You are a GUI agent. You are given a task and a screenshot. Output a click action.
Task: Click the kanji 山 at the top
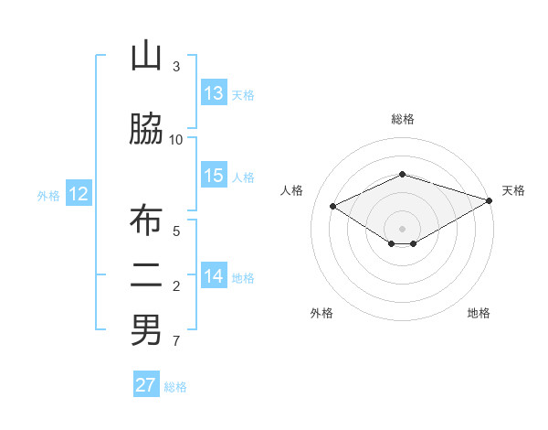pos(145,56)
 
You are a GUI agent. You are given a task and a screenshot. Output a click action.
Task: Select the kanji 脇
pos(145,129)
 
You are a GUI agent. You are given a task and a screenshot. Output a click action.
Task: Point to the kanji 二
pos(145,276)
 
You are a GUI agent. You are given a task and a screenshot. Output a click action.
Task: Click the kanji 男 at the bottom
pos(145,330)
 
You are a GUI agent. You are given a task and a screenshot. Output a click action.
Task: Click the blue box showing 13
pos(214,93)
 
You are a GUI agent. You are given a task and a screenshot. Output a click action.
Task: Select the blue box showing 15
pos(214,177)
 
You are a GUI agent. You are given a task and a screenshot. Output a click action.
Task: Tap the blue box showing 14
pos(214,276)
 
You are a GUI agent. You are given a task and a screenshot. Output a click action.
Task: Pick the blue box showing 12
pos(79,194)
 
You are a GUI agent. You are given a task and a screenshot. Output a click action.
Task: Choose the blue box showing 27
pos(146,385)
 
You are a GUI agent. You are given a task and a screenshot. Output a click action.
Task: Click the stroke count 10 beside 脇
pos(176,140)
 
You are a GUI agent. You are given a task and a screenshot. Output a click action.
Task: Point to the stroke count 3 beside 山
pos(176,67)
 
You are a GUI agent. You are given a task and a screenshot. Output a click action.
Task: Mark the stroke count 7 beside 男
pos(176,341)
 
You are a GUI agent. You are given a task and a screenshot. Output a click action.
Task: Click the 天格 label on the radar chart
pos(513,190)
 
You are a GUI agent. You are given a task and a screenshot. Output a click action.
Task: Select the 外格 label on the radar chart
pos(321,314)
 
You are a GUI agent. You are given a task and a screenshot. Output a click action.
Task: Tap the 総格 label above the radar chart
pos(402,120)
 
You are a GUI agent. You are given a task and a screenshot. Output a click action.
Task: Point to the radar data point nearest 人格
pos(332,206)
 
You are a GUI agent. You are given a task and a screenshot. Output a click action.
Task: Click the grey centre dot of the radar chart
pos(402,227)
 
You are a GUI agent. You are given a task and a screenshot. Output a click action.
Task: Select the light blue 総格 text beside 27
pos(175,387)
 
